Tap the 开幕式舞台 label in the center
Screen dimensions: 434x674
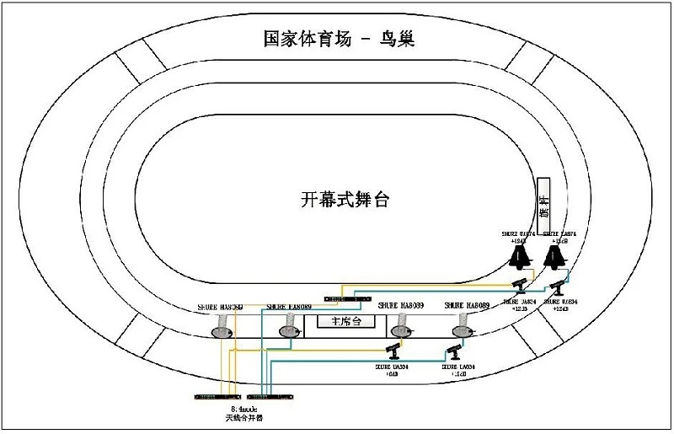pos(345,200)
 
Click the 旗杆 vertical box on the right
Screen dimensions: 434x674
pos(543,202)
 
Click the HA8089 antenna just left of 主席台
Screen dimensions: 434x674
pos(289,328)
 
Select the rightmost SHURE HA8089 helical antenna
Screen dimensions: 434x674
pos(462,326)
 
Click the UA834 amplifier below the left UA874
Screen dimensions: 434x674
pos(520,284)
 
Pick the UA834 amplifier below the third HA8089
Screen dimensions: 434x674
pos(393,350)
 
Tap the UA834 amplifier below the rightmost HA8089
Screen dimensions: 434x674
pos(455,350)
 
